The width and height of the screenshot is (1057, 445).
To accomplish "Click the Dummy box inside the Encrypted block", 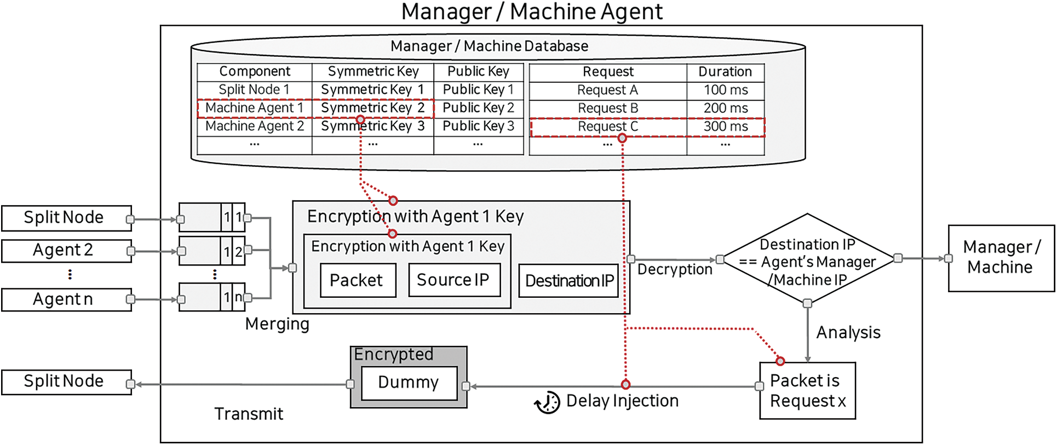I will tap(409, 383).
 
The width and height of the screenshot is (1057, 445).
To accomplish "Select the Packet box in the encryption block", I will tap(358, 280).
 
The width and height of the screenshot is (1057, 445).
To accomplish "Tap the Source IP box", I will tap(454, 280).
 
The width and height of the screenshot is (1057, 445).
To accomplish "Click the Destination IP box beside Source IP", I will tap(568, 281).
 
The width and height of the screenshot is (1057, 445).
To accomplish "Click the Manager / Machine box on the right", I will tap(1001, 258).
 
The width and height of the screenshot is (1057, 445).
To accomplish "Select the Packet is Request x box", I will tap(807, 391).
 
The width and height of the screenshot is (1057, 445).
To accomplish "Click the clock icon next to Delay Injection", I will tap(547, 403).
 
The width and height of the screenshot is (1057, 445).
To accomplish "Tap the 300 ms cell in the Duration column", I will tap(725, 126).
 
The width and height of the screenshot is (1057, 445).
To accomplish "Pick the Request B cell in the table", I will tap(607, 108).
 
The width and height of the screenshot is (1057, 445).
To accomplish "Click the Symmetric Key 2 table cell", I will tap(372, 108).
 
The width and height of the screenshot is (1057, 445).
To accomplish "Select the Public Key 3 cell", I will tap(478, 126).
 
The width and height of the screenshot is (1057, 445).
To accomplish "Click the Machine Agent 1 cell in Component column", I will tap(254, 108).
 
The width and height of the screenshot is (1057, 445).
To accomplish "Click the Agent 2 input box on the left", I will tap(66, 251).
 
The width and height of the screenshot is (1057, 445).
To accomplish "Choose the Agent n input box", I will tap(66, 299).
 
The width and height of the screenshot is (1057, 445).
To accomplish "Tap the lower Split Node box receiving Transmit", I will tap(66, 382).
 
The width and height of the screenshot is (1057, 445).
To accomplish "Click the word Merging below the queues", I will tap(277, 324).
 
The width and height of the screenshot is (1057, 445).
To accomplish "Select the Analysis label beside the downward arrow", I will tap(848, 333).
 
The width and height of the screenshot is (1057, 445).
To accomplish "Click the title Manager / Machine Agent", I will tap(531, 12).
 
